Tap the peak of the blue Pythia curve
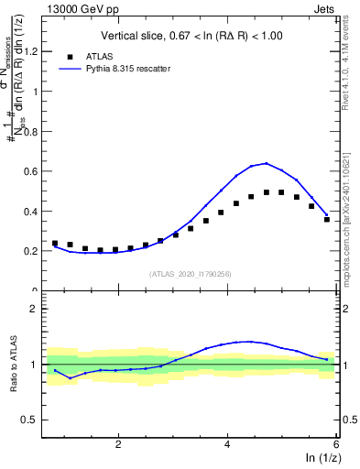point(266,163)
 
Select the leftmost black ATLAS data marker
point(55,243)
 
